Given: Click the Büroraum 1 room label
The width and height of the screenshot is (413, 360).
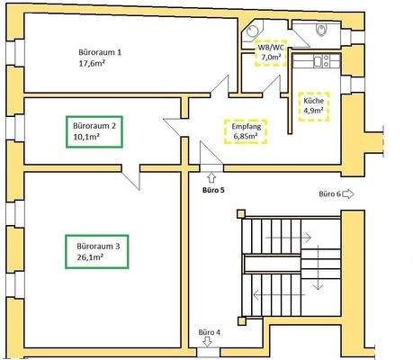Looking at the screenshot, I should pyautogui.click(x=100, y=52).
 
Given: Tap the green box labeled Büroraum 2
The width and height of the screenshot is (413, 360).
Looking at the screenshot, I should pyautogui.click(x=94, y=131).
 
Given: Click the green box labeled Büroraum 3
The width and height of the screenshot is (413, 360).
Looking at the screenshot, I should pyautogui.click(x=96, y=250).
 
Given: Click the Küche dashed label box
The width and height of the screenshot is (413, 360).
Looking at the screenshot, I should pyautogui.click(x=314, y=108).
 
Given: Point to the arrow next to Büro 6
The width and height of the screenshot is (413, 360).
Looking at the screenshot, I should pyautogui.click(x=350, y=193).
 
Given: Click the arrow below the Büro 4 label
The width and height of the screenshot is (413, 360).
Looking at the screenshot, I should pyautogui.click(x=209, y=344).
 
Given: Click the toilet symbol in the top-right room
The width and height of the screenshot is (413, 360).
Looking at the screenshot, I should pyautogui.click(x=322, y=32).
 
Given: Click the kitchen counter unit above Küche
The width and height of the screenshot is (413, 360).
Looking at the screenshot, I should pyautogui.click(x=317, y=62).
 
